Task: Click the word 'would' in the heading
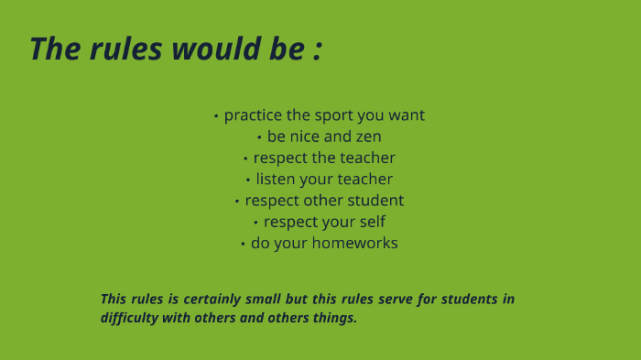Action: coord(216,49)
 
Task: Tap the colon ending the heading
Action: coord(318,51)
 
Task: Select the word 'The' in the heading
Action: coord(55,49)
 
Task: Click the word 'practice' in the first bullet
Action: coord(253,115)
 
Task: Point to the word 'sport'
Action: coord(335,115)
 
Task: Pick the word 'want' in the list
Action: coord(407,115)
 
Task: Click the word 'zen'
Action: coord(368,137)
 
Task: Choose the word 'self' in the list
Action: coord(373,222)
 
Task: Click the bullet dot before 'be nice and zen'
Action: coord(259,138)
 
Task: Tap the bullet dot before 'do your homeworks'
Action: coord(243,245)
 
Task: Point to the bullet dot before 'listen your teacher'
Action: coord(248,180)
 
